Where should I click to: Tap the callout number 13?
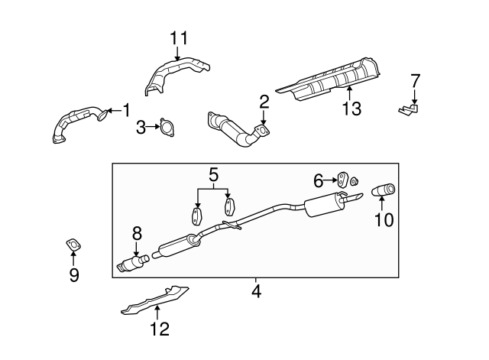[x=351, y=109]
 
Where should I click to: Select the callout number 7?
[x=415, y=80]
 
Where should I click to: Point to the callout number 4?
[x=257, y=290]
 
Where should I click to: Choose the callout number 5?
[x=213, y=174]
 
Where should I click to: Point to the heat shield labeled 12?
[x=157, y=300]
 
